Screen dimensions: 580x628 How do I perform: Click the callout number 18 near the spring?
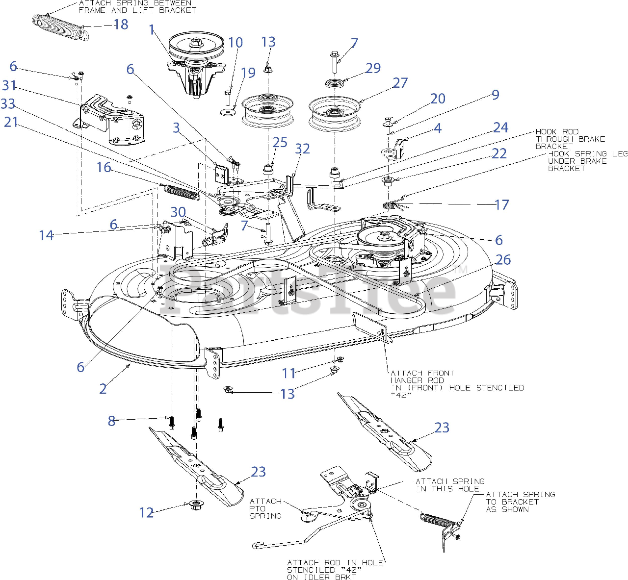(x=121, y=25)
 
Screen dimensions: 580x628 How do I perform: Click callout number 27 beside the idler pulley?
(x=400, y=83)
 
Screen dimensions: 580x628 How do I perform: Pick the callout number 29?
(x=373, y=68)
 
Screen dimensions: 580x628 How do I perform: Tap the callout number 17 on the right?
(x=501, y=205)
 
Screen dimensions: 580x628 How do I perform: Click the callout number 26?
(x=503, y=260)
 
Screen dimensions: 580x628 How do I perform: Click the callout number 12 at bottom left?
(x=146, y=513)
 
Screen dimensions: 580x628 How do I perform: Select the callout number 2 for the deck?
(x=103, y=389)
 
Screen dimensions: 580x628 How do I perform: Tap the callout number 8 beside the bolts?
(x=111, y=421)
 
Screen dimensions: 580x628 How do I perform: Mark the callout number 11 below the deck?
(x=288, y=373)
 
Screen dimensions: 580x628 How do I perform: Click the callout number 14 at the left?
(x=46, y=235)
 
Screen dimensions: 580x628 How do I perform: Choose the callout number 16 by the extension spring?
(x=104, y=168)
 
